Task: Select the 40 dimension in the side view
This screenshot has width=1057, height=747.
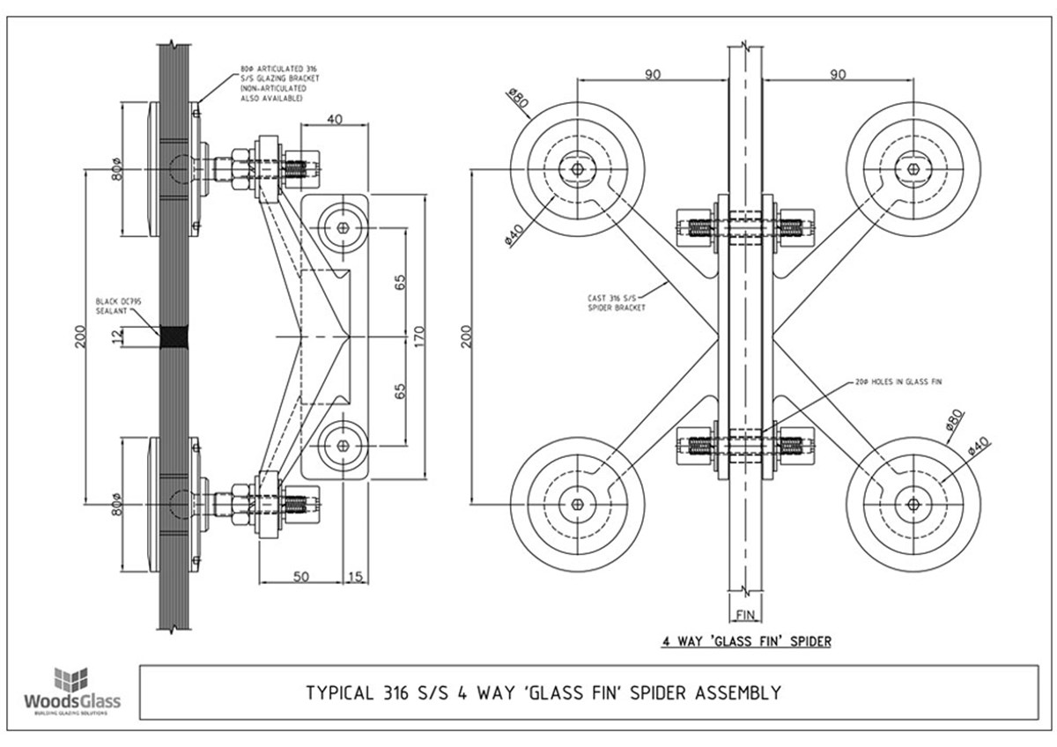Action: (x=335, y=119)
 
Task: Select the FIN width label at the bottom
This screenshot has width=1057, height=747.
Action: (x=745, y=613)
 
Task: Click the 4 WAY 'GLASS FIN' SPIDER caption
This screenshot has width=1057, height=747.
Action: (x=746, y=640)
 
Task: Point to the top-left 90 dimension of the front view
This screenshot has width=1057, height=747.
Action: (x=652, y=75)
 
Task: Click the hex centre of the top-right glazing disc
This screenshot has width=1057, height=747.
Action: (x=913, y=167)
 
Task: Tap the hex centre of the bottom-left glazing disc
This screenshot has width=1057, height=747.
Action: (x=577, y=503)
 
